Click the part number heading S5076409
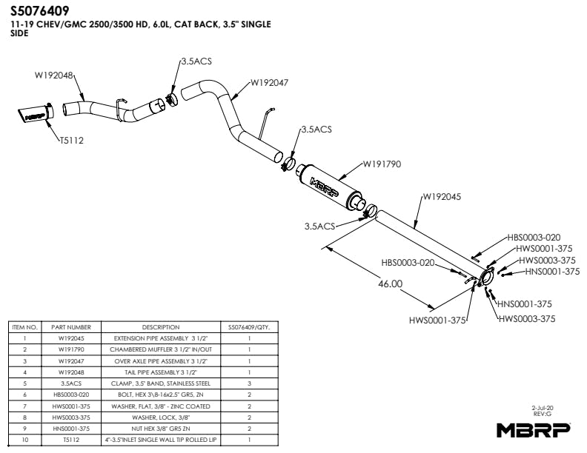click(x=41, y=12)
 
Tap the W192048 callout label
click(x=53, y=75)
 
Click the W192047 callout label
click(x=276, y=83)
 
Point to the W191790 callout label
click(x=382, y=164)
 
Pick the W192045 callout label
click(x=442, y=197)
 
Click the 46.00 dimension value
click(x=391, y=283)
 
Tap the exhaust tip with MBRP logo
click(x=35, y=114)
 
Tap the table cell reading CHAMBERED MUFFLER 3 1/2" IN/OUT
click(x=161, y=349)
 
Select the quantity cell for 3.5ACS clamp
click(x=249, y=383)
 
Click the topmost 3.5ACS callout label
click(x=196, y=62)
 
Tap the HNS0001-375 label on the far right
click(x=552, y=272)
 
